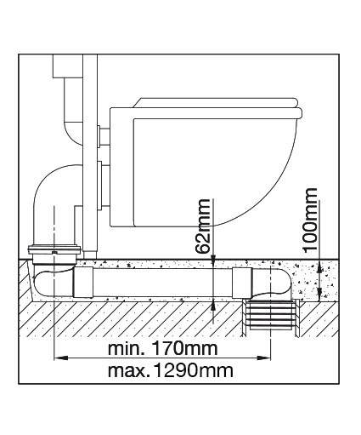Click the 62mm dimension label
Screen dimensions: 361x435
click(203, 226)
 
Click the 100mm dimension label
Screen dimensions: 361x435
click(310, 220)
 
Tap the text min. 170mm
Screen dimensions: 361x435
click(163, 348)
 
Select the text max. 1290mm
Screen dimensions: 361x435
click(171, 370)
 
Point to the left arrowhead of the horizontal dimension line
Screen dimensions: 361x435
click(61, 358)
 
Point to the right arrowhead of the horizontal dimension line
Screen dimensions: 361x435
click(264, 358)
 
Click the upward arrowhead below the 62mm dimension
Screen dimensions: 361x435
click(213, 304)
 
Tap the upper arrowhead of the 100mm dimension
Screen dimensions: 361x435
click(319, 266)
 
